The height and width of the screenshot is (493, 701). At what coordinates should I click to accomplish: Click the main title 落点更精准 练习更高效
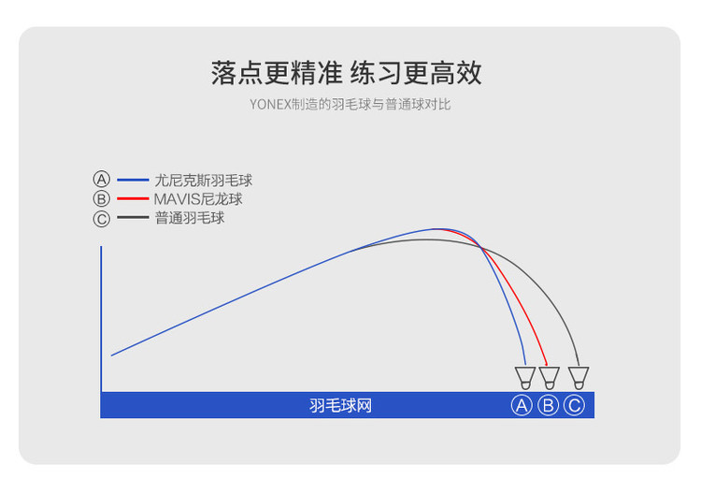(x=347, y=73)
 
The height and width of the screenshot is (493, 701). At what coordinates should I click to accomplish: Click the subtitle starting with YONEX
(x=350, y=104)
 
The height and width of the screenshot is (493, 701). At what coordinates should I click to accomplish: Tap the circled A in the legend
(x=102, y=179)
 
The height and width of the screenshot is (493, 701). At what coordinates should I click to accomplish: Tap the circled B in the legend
(x=102, y=198)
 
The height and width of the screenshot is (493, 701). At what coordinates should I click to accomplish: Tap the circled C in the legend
(x=102, y=219)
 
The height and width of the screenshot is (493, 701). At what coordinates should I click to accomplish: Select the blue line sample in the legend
(x=133, y=180)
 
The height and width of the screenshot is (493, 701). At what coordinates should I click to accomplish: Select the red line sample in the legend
(x=133, y=198)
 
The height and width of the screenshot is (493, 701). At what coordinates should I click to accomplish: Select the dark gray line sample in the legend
(x=133, y=217)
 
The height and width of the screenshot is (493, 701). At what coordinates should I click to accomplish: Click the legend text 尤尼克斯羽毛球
(x=204, y=181)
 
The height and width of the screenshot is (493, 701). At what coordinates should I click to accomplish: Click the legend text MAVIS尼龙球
(x=198, y=199)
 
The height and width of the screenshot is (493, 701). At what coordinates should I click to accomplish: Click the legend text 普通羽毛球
(x=190, y=218)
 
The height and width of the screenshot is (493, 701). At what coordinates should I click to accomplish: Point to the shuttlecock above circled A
(x=525, y=378)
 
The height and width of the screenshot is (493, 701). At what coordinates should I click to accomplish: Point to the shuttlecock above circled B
(x=549, y=378)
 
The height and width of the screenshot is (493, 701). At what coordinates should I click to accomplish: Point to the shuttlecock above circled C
(x=579, y=378)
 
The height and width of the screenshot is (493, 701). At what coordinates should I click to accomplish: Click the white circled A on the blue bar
(x=522, y=405)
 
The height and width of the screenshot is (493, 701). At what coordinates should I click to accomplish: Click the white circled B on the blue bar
(x=548, y=405)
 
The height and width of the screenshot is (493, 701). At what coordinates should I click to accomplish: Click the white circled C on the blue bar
(x=575, y=405)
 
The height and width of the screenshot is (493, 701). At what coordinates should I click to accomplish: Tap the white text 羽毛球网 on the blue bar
(x=340, y=406)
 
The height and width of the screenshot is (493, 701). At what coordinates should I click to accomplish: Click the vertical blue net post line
(x=101, y=319)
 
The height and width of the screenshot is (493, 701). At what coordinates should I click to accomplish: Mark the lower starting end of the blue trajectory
(x=112, y=355)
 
